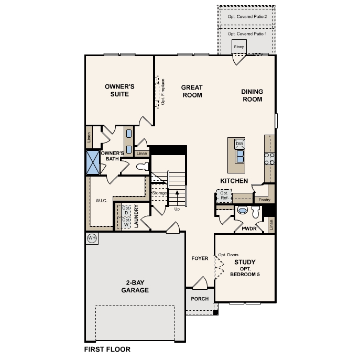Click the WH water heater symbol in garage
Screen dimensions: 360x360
point(92,238)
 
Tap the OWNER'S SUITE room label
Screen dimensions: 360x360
point(119,90)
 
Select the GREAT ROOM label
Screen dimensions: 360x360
point(191,91)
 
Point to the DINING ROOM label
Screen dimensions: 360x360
point(252,95)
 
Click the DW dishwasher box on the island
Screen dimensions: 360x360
point(239,144)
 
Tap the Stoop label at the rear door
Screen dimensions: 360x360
point(239,47)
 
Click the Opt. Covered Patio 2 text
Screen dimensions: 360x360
point(247,17)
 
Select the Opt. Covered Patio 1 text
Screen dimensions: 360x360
point(247,34)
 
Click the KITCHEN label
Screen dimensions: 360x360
point(234,181)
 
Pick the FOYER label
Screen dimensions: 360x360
point(200,258)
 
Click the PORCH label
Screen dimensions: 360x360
point(199,299)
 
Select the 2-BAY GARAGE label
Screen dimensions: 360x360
point(135,287)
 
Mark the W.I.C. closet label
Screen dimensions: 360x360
point(102,200)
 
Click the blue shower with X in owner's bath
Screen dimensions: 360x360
point(93,162)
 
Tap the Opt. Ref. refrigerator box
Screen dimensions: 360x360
point(224,196)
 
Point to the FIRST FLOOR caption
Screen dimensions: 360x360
point(107,349)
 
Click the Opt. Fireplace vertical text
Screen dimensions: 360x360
point(163,92)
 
